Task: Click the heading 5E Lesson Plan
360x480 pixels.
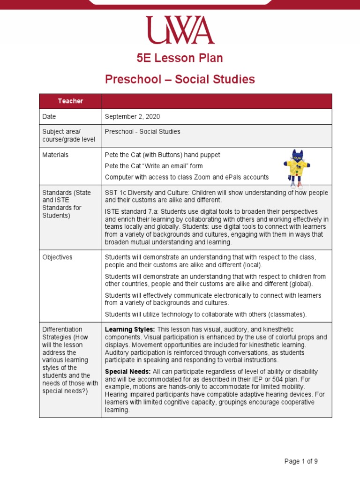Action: [180, 58]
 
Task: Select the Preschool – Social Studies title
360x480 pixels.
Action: [180, 79]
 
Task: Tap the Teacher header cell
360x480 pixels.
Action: [70, 101]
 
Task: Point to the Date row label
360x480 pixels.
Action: [49, 116]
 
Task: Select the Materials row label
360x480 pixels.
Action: [55, 155]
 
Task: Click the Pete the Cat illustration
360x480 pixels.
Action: [297, 168]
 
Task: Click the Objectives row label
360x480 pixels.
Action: [57, 257]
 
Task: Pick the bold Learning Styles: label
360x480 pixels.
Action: [130, 330]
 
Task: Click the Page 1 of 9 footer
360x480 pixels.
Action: [301, 461]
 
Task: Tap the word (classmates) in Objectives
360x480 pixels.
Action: [287, 314]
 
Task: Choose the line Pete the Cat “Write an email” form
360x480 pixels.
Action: [154, 166]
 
